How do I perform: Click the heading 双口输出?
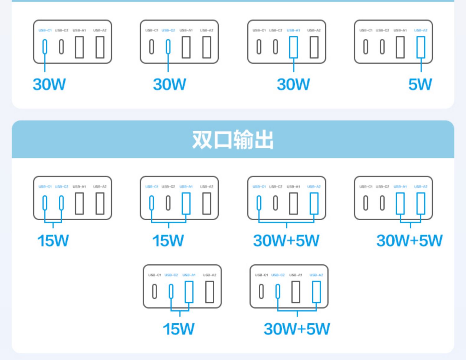pyautogui.click(x=233, y=140)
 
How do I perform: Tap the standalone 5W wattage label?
pyautogui.click(x=420, y=84)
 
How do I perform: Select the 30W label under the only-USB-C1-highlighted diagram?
pyautogui.click(x=49, y=84)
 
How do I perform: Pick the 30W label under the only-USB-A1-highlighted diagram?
pyautogui.click(x=293, y=84)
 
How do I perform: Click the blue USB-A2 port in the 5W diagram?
pyautogui.click(x=421, y=47)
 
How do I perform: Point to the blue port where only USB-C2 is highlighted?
pyautogui.click(x=168, y=47)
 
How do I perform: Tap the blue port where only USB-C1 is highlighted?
pyautogui.click(x=45, y=47)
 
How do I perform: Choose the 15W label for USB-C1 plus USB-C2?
pyautogui.click(x=53, y=241)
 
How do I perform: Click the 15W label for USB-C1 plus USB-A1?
pyautogui.click(x=168, y=241)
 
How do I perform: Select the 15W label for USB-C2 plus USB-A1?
pyautogui.click(x=179, y=329)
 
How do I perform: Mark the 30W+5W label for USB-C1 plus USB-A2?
pyautogui.click(x=286, y=241)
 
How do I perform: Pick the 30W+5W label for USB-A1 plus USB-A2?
pyautogui.click(x=409, y=241)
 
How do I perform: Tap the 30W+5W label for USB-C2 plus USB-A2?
pyautogui.click(x=297, y=329)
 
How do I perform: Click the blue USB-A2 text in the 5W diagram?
pyautogui.click(x=421, y=30)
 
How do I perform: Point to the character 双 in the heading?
pyautogui.click(x=202, y=140)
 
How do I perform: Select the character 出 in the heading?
pyautogui.click(x=263, y=140)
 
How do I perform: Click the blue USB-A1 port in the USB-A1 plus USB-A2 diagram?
pyautogui.click(x=400, y=203)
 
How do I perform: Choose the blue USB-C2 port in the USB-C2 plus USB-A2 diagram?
pyautogui.click(x=278, y=292)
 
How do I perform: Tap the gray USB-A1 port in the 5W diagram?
pyautogui.click(x=400, y=47)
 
